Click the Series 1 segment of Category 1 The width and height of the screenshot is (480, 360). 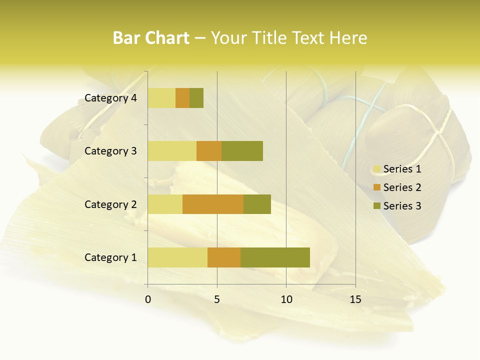[177, 257]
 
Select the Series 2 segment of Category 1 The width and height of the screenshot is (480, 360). [224, 257]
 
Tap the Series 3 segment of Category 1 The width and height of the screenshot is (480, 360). [275, 257]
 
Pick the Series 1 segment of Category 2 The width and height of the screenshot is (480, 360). [165, 204]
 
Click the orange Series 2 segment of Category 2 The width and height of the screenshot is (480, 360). [213, 204]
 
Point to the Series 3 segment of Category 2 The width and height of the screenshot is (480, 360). [257, 204]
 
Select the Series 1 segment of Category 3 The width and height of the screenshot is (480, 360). [172, 150]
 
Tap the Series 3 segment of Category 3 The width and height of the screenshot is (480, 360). [242, 150]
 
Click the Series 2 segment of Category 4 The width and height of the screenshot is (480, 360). [182, 97]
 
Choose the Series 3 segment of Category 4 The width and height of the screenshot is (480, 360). [196, 97]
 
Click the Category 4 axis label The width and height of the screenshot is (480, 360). [110, 98]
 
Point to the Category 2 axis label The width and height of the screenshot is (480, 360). [110, 204]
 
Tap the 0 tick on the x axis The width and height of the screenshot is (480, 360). [148, 299]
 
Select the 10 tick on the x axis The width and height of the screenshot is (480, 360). [286, 299]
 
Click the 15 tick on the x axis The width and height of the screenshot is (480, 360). [355, 299]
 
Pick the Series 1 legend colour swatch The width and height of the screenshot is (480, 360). [376, 169]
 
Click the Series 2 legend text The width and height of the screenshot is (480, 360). [402, 187]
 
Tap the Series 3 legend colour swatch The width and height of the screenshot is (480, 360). [376, 206]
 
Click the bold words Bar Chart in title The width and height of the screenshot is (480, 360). [151, 38]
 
